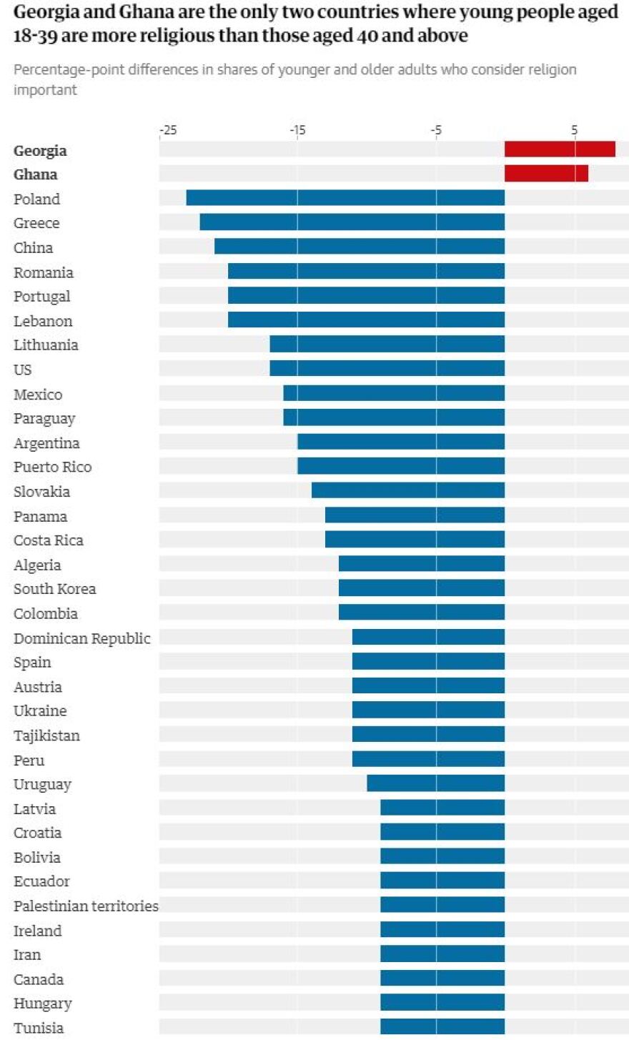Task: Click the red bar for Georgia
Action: click(x=560, y=149)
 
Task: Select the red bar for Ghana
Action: click(x=546, y=174)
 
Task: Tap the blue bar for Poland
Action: click(x=345, y=198)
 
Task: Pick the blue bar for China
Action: click(x=360, y=247)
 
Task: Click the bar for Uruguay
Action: click(x=435, y=783)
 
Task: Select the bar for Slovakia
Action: click(x=408, y=490)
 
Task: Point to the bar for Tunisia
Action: click(x=442, y=1027)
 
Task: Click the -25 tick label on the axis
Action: click(x=167, y=130)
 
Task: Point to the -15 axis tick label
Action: click(x=297, y=130)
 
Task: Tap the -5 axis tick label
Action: click(x=436, y=130)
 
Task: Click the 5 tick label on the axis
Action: click(x=574, y=130)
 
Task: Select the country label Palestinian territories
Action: click(x=86, y=906)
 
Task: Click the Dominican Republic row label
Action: click(x=82, y=638)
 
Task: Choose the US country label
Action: click(x=23, y=370)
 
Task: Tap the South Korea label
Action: click(x=54, y=588)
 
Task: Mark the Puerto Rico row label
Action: click(x=53, y=467)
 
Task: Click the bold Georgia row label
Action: click(x=40, y=150)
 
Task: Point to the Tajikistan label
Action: click(x=46, y=736)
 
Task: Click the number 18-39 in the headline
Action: click(x=35, y=36)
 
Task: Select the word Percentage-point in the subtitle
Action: click(x=66, y=69)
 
